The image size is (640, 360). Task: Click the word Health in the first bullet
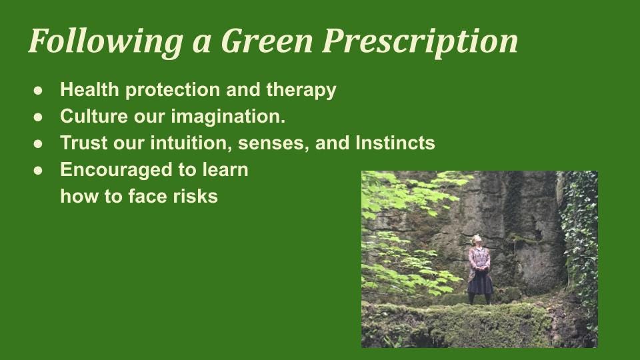[x=89, y=89]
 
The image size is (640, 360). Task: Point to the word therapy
[x=301, y=90]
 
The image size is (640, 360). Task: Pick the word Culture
[x=94, y=116]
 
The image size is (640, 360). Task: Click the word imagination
[x=228, y=117]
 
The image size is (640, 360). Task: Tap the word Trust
[x=84, y=143]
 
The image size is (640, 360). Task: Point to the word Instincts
[x=395, y=143]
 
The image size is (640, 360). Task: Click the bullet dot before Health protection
[x=38, y=91]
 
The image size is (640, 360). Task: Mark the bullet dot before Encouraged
[x=38, y=171]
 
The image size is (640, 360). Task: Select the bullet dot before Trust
[x=38, y=144]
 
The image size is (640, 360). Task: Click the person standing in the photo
[x=479, y=269]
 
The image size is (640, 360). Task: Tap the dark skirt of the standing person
[x=480, y=283]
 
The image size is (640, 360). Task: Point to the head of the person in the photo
[x=476, y=239]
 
